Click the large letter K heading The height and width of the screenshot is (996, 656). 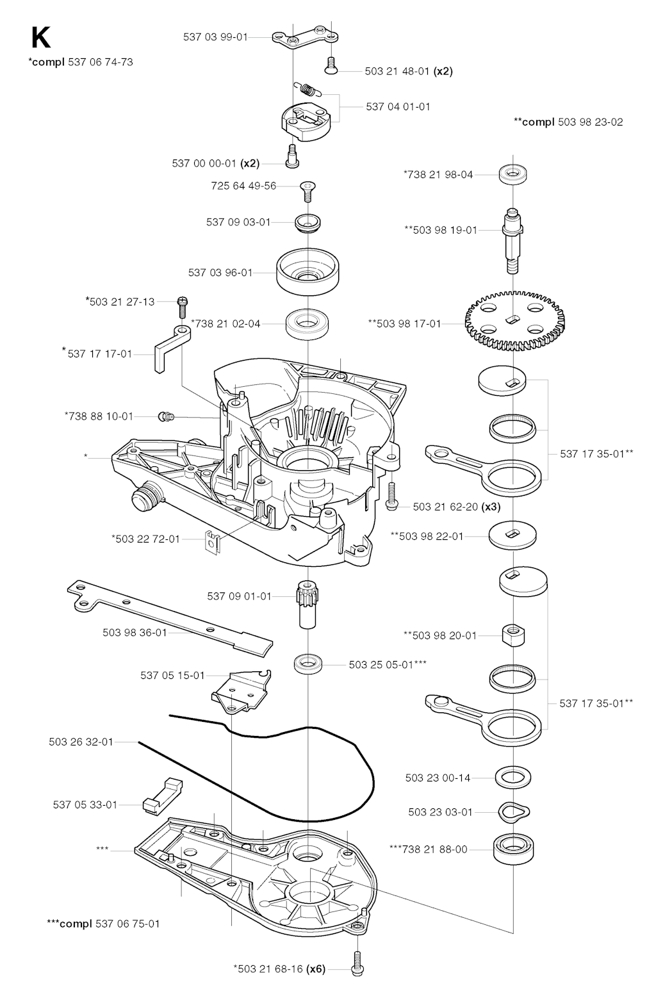(40, 37)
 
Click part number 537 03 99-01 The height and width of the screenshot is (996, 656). (215, 37)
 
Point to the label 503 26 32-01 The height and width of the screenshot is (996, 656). (81, 742)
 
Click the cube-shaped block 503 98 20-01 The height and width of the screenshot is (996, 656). (513, 635)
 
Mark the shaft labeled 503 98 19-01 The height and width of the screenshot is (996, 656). (512, 241)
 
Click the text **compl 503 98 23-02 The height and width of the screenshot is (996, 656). (568, 122)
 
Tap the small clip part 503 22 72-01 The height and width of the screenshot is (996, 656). (212, 542)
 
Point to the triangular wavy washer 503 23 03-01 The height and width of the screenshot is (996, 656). (513, 812)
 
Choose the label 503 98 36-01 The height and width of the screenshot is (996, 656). (135, 633)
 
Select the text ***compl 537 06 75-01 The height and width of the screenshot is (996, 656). (103, 924)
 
